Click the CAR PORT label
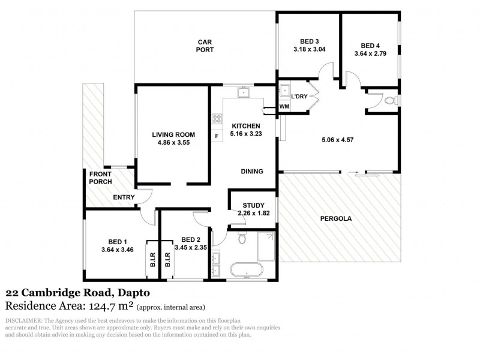point(205,46)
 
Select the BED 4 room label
point(370,46)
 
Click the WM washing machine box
point(284,107)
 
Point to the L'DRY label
point(299,97)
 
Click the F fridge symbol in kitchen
point(216,136)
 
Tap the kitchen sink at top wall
point(245,92)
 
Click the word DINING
point(252,171)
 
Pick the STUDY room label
point(245,205)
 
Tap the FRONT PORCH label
point(100,177)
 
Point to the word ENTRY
point(123,197)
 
